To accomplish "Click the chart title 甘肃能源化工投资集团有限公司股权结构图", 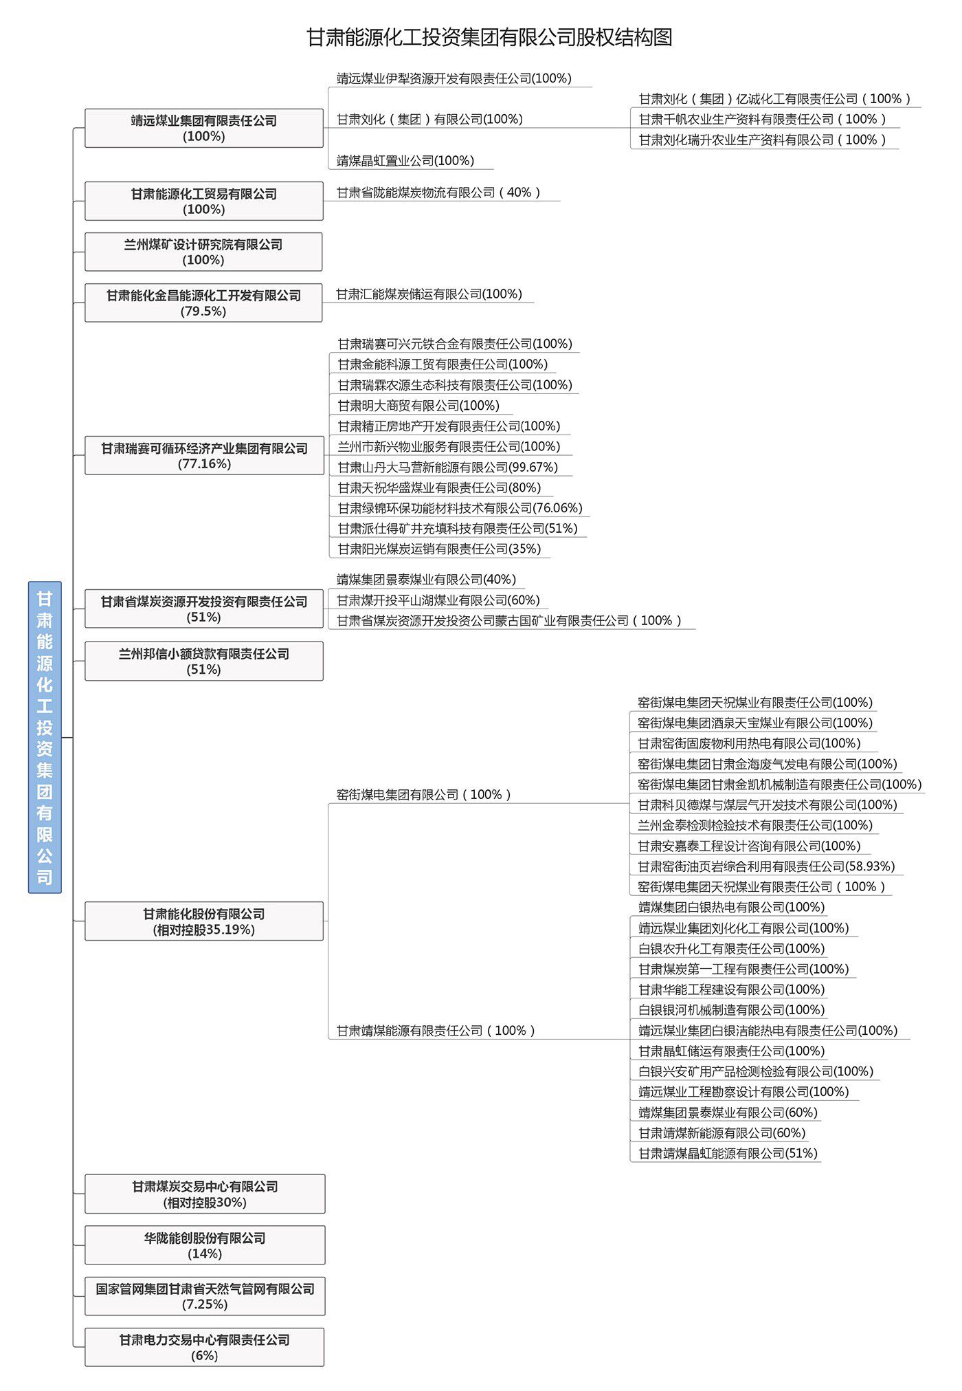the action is pyautogui.click(x=489, y=37).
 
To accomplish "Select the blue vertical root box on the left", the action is pyautogui.click(x=45, y=737).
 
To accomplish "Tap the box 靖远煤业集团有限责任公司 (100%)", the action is pyautogui.click(x=204, y=128).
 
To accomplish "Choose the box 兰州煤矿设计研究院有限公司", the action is pyautogui.click(x=203, y=252).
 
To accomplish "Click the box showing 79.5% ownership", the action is pyautogui.click(x=203, y=303).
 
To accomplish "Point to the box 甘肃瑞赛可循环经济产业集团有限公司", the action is pyautogui.click(x=204, y=455).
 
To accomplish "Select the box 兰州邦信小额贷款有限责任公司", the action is pyautogui.click(x=204, y=661).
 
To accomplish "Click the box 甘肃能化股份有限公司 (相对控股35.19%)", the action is pyautogui.click(x=204, y=921).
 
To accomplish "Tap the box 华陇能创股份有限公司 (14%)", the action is pyautogui.click(x=205, y=1245).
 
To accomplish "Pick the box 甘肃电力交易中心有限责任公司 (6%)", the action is pyautogui.click(x=205, y=1347).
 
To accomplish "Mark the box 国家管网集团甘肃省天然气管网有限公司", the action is pyautogui.click(x=205, y=1296).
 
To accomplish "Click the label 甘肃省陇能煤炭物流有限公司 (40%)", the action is pyautogui.click(x=438, y=193).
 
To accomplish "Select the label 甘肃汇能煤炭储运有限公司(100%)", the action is pyautogui.click(x=429, y=294).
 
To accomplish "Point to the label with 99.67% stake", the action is pyautogui.click(x=448, y=468).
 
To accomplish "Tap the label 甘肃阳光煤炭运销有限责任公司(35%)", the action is pyautogui.click(x=440, y=549).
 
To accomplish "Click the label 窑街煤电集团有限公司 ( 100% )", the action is pyautogui.click(x=424, y=795).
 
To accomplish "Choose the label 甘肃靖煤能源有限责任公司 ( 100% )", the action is pyautogui.click(x=436, y=1031).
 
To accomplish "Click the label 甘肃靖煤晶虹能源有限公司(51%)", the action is pyautogui.click(x=728, y=1153).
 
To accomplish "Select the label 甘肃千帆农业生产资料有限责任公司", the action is pyautogui.click(x=763, y=119).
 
